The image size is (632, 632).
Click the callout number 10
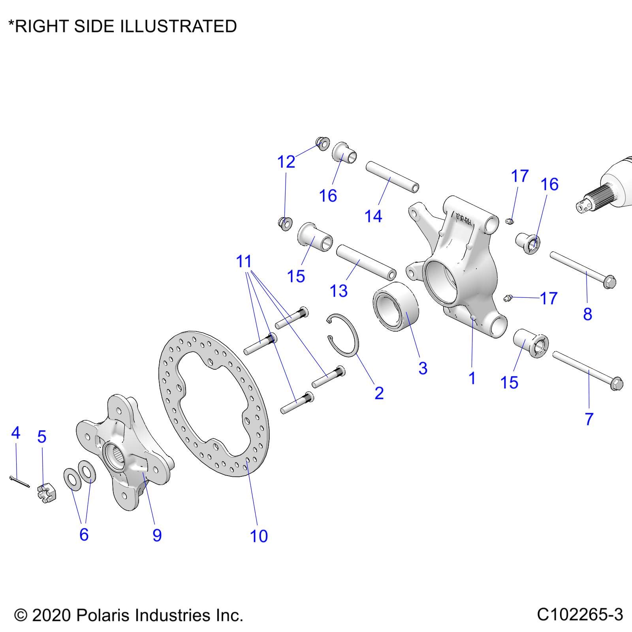(x=259, y=536)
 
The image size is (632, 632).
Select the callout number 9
(x=157, y=535)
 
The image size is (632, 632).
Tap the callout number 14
(x=373, y=216)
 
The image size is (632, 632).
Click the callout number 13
(x=339, y=291)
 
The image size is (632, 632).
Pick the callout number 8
(x=587, y=314)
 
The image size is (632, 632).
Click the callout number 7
(x=589, y=419)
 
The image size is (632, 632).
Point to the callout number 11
(x=244, y=261)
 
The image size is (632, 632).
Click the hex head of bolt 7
(x=616, y=384)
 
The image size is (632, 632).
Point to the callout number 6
(x=84, y=534)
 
